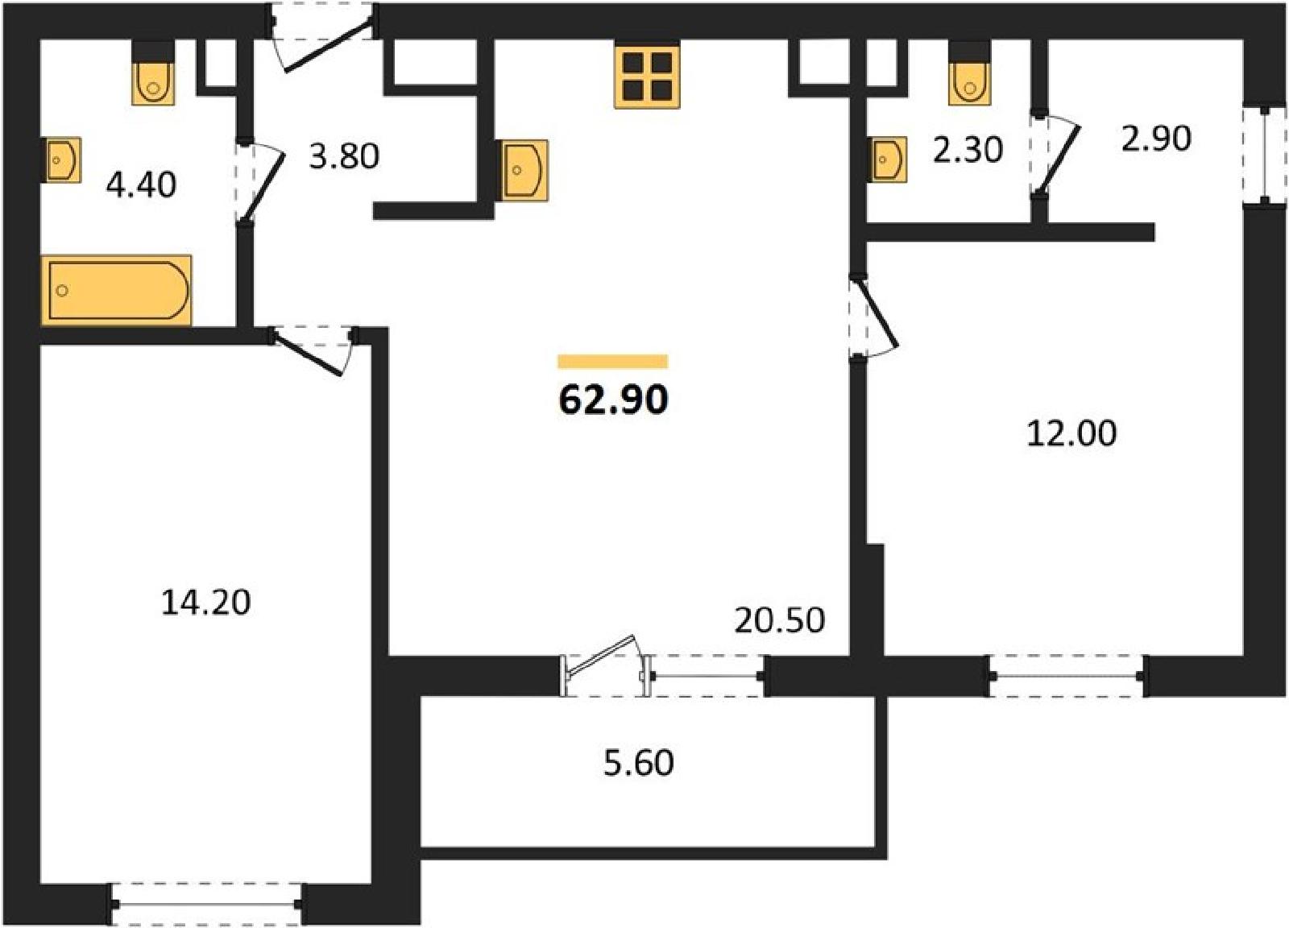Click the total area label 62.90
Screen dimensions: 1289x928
[613, 400]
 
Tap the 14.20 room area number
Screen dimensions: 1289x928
[205, 603]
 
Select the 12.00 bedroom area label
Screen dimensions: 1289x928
[1071, 433]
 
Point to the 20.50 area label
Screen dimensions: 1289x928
[780, 620]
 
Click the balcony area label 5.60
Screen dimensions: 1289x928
[638, 764]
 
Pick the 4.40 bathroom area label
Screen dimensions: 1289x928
[141, 185]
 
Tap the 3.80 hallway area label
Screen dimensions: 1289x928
[344, 156]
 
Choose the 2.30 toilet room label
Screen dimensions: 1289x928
[968, 151]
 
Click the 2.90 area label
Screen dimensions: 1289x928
[1156, 139]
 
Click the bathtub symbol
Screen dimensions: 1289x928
[116, 290]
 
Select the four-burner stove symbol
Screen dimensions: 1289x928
[648, 77]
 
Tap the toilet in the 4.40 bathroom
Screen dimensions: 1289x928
[153, 73]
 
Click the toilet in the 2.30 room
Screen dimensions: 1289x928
[970, 73]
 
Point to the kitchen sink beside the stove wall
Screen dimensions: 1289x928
[524, 170]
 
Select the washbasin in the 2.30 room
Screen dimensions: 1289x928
[887, 159]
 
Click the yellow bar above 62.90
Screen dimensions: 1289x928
[613, 362]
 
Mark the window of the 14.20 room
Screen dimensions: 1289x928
[206, 905]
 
